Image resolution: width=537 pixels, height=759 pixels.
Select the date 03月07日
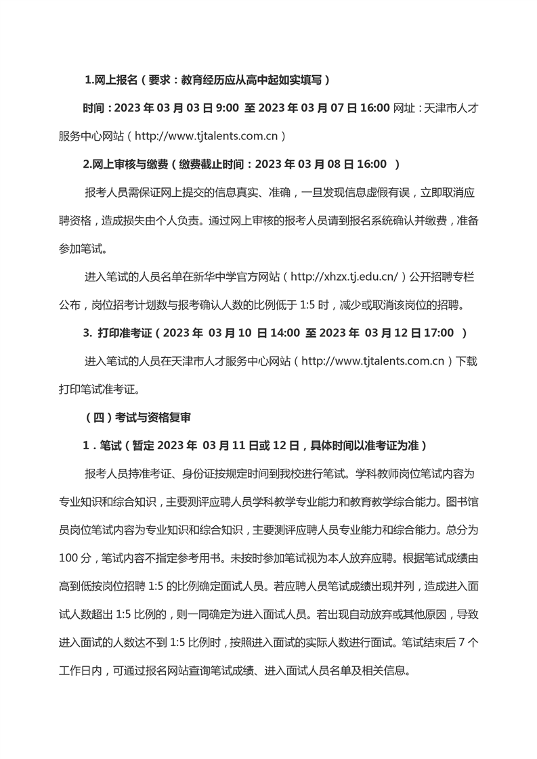(x=335, y=108)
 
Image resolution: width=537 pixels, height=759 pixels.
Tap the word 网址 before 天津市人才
(x=405, y=108)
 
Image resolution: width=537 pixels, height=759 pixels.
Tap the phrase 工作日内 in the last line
(x=80, y=671)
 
